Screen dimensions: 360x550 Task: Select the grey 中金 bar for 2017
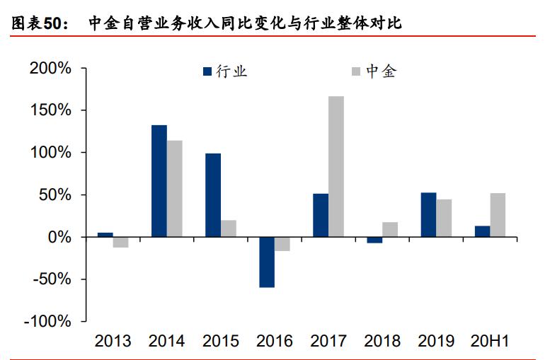pos(336,166)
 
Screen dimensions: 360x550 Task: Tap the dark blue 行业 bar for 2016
pos(267,262)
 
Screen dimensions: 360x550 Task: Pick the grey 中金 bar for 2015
pos(229,228)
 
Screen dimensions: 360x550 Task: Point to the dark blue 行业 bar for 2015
pos(213,195)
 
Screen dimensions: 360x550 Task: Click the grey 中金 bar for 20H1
pos(498,215)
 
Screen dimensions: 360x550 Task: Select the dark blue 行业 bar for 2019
pos(428,215)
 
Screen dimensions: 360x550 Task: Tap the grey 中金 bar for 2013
pos(121,243)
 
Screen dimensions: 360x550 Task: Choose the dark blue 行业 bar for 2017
pos(321,215)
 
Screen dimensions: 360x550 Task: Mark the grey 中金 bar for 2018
pos(390,230)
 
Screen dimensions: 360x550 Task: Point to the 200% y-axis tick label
pos(50,69)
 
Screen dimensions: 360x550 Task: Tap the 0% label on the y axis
pos(61,237)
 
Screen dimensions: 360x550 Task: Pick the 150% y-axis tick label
pos(50,111)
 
